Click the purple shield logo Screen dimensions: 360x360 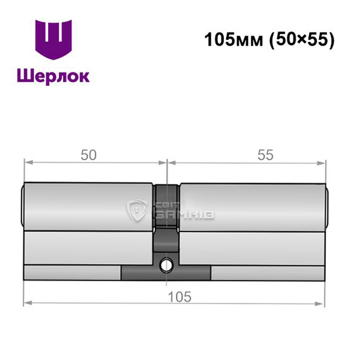53,40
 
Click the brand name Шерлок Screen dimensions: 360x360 53,76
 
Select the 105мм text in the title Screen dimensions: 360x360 233,40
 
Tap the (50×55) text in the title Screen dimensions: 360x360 302,40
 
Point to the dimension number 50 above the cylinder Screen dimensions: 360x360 89,155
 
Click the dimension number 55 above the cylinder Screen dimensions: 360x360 265,155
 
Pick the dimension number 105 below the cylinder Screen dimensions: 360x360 179,297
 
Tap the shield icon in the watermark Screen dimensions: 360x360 137,211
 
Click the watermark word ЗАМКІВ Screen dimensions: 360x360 185,214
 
